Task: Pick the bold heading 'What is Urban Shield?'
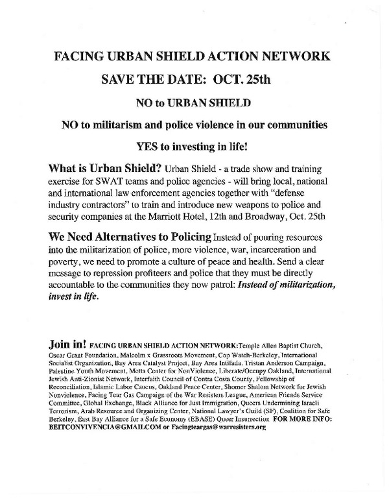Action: pos(100,168)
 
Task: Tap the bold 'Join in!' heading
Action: pos(67,344)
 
